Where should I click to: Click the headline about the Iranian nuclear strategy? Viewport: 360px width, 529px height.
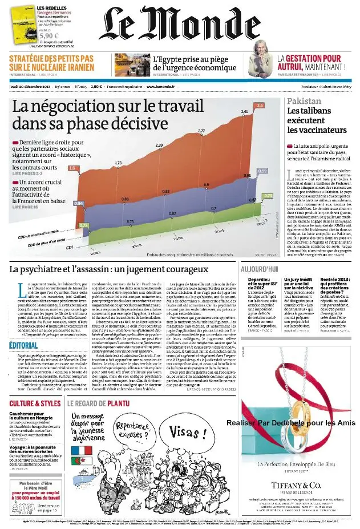tap(51, 63)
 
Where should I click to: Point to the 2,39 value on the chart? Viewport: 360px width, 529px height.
tap(159, 146)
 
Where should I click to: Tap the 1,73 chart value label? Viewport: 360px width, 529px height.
tap(118, 163)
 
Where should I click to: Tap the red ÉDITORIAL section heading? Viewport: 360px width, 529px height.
tap(24, 346)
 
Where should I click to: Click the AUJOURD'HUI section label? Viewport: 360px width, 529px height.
tap(260, 268)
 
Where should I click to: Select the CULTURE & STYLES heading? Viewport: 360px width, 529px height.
tap(35, 403)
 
